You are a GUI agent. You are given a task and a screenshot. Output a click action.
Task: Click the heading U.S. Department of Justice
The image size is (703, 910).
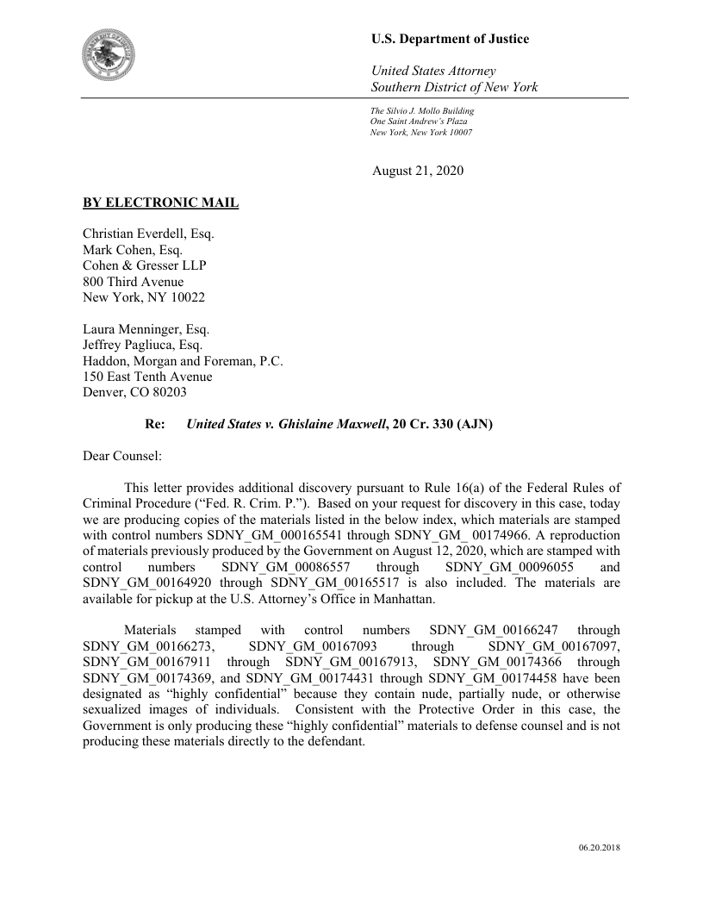(450, 39)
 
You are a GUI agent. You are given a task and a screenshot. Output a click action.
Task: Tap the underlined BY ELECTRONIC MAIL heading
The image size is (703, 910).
(160, 203)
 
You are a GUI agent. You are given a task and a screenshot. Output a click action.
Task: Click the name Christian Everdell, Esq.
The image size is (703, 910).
(148, 234)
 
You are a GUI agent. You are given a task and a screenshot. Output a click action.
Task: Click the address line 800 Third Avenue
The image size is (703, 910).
(133, 281)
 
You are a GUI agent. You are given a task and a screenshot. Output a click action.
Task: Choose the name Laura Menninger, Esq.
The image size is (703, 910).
(146, 329)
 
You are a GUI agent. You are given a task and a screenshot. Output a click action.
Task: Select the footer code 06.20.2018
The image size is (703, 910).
(599, 848)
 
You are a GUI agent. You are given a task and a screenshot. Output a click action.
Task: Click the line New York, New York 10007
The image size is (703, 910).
(420, 133)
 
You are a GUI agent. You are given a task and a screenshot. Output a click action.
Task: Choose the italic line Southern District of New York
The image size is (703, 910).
(454, 87)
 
